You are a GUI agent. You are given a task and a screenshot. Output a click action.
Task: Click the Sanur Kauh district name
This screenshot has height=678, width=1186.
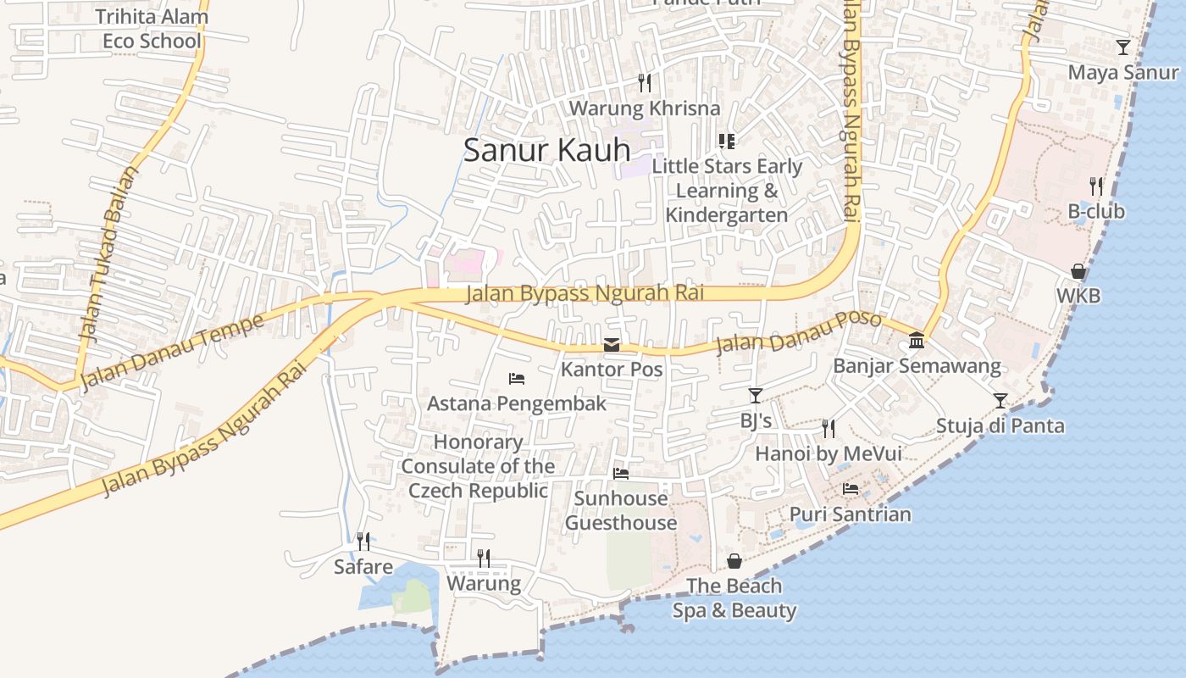pos(546,150)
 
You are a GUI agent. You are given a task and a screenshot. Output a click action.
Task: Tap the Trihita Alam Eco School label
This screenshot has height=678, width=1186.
pos(152,29)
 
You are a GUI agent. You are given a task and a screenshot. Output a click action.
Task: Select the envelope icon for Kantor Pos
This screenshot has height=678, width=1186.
pos(611,345)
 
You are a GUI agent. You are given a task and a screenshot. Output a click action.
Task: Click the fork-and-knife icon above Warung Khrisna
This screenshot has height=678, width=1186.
pos(645,82)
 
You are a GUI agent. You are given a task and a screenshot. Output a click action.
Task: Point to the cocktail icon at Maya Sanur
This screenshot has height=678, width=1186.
pos(1122,47)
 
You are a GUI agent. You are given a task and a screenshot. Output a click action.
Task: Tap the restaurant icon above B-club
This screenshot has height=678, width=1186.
pos(1096,186)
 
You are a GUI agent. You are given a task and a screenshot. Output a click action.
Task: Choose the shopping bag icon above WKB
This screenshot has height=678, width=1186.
pos(1078,271)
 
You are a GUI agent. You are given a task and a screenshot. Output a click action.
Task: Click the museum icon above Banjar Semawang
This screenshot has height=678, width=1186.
pos(916,341)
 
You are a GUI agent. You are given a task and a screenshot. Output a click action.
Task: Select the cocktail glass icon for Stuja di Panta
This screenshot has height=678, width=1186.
pos(1000,400)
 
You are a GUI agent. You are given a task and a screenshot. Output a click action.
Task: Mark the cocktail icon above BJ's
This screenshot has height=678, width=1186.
pos(755,395)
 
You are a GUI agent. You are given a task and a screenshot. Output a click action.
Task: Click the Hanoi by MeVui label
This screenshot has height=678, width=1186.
pos(828,454)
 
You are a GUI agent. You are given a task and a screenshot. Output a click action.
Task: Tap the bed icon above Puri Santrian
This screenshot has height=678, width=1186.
pos(851,489)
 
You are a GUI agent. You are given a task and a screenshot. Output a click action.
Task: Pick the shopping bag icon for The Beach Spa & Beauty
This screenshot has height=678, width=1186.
pos(734,561)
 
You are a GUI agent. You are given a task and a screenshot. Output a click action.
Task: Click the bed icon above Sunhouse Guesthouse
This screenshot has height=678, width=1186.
pos(621,474)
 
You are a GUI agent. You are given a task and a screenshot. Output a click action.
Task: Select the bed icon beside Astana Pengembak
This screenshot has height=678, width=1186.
pos(517,378)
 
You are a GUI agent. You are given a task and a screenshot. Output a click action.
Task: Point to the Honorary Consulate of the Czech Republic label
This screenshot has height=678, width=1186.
pos(478,466)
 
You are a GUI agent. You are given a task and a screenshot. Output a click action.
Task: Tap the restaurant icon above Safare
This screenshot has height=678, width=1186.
pos(363,541)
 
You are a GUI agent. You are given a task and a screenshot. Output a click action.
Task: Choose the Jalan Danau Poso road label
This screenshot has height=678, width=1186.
pos(798,334)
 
